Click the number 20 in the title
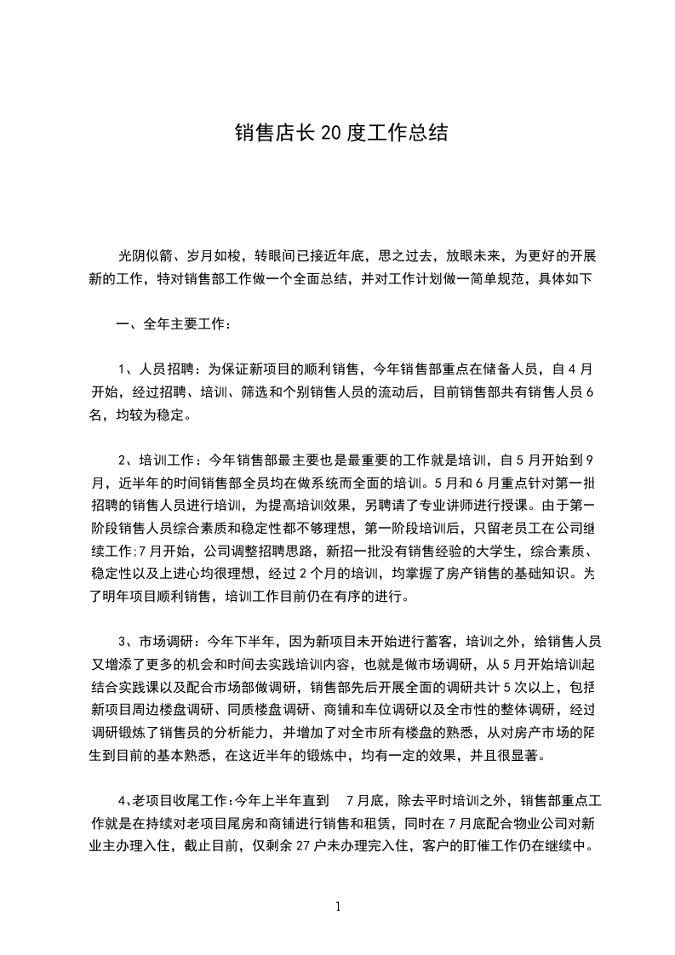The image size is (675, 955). click(x=330, y=134)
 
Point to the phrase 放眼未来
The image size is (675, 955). click(x=472, y=255)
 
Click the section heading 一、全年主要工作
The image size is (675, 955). click(x=169, y=323)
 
